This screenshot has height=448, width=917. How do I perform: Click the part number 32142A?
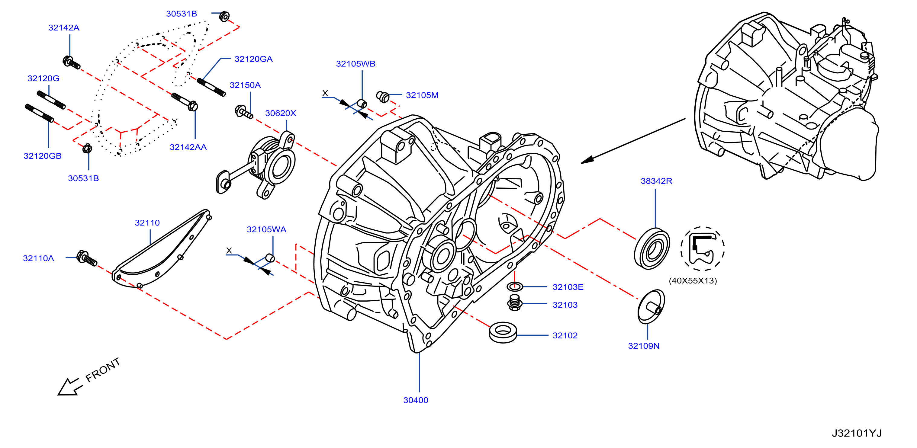coord(64,28)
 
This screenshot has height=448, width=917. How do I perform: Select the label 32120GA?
coord(253,59)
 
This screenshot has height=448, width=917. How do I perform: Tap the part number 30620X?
coord(281,113)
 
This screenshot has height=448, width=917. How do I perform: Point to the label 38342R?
coord(656,181)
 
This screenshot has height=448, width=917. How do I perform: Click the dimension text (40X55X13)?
coord(693,281)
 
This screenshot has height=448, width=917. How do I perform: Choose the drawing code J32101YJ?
coord(857,433)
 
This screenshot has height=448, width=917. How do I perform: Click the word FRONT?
coord(103,370)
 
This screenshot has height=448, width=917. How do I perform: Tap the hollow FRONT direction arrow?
coord(69,387)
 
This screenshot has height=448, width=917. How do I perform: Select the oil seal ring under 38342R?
coord(652,248)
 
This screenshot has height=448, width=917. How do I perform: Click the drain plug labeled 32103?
coord(515,302)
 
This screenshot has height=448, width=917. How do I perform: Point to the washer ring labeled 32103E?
coord(515,286)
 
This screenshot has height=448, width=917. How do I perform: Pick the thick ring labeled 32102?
coord(503,333)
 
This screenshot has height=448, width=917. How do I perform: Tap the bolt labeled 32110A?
coord(86,258)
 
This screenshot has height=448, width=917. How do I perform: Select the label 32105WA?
coord(266,229)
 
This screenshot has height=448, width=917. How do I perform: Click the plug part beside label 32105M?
coord(383,96)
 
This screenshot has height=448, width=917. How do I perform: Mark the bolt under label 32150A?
coord(243,112)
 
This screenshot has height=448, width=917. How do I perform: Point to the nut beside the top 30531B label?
coord(224,16)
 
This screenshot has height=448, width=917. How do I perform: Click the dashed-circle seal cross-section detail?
coord(702,248)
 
